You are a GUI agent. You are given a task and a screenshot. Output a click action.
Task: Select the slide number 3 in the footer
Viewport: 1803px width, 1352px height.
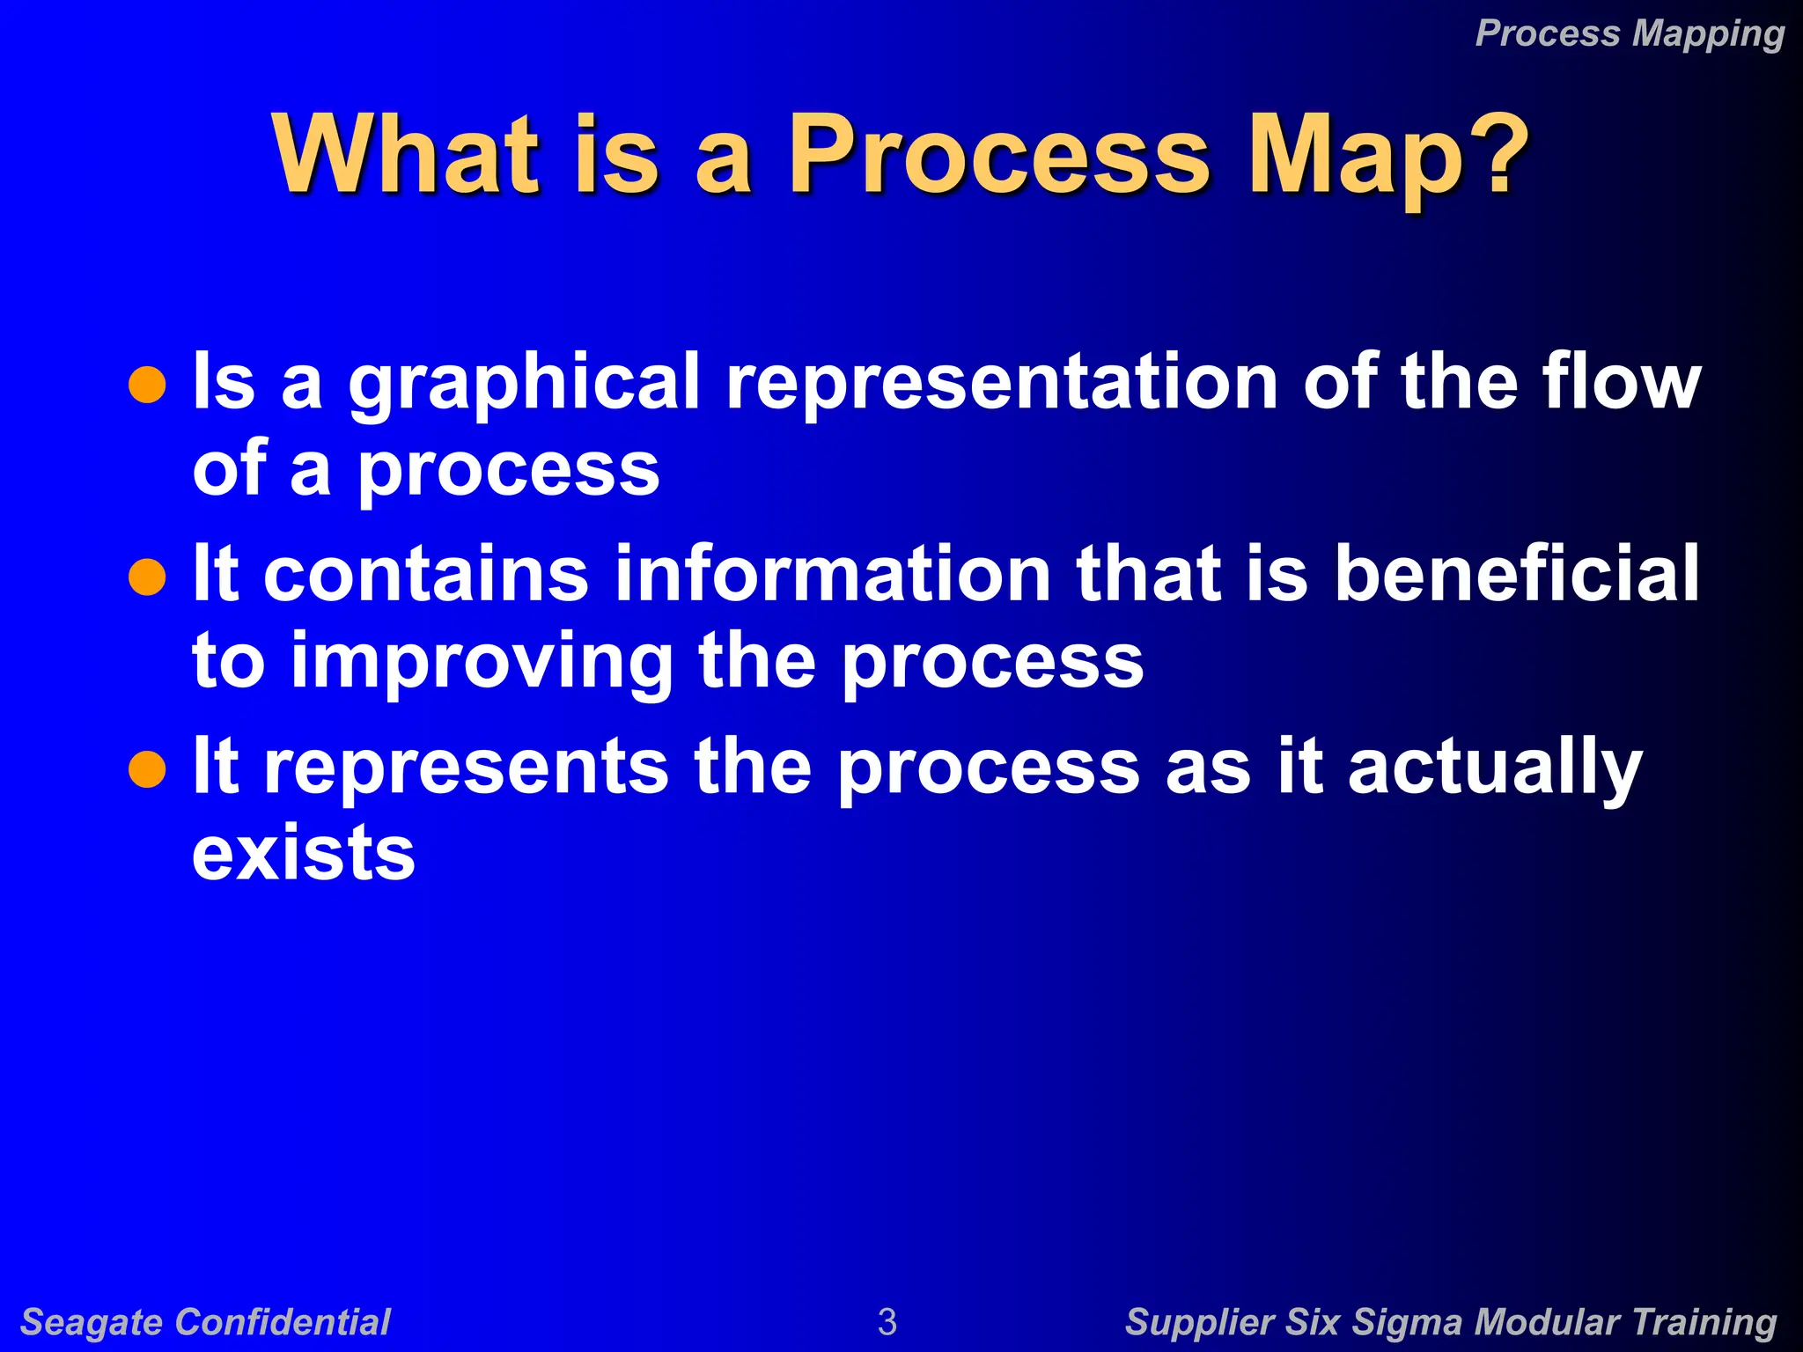887,1322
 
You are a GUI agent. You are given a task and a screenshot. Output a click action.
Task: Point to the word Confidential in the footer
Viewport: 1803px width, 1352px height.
283,1322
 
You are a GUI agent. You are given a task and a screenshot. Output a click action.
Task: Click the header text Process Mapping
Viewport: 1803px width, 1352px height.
1630,33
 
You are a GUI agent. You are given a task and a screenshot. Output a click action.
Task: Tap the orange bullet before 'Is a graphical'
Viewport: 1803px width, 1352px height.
147,385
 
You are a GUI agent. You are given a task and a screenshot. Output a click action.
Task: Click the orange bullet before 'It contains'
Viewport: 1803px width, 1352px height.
147,577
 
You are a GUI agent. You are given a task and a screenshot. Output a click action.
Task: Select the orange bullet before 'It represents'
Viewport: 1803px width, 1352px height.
147,769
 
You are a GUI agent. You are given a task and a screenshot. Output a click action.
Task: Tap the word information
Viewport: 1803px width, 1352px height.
832,573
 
